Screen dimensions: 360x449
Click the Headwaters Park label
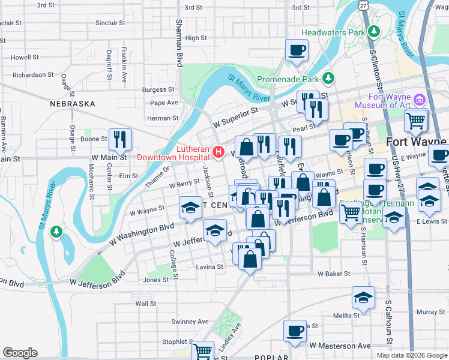coord(333,31)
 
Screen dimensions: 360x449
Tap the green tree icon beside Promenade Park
coord(328,78)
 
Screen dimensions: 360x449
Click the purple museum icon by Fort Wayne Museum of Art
coord(420,98)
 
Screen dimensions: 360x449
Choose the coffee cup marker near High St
coord(296,50)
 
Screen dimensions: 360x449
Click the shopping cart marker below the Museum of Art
coord(415,121)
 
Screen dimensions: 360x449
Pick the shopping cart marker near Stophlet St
coord(203,350)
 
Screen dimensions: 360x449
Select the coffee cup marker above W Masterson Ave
coord(295,330)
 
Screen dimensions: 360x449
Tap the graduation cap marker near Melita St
coord(363,298)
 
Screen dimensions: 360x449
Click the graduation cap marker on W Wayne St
coord(190,208)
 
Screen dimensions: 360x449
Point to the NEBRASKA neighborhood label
coord(73,104)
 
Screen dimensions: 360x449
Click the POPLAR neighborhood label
coord(271,356)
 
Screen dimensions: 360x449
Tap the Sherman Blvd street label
coord(179,42)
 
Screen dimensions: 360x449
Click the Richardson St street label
coord(33,75)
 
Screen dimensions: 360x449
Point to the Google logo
coord(20,353)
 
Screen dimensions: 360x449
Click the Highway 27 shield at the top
coord(364,4)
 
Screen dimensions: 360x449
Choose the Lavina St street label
coord(209,266)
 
